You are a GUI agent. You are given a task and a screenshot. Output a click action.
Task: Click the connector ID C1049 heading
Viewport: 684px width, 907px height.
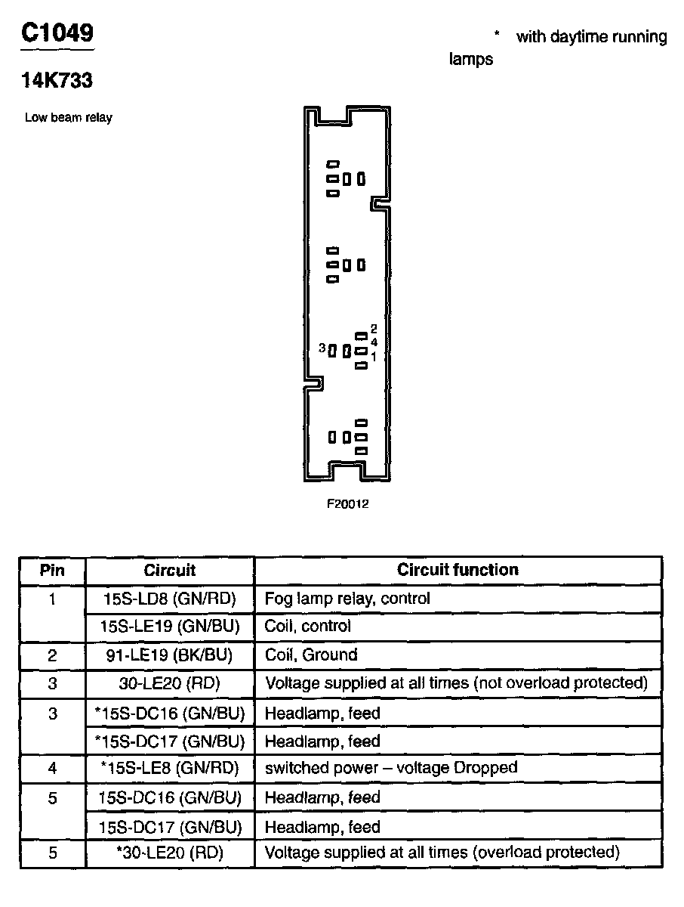pyautogui.click(x=57, y=34)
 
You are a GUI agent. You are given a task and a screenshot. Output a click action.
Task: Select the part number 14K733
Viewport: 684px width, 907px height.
pyautogui.click(x=57, y=81)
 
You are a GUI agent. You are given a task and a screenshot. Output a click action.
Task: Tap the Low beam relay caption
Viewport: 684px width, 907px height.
pyautogui.click(x=69, y=118)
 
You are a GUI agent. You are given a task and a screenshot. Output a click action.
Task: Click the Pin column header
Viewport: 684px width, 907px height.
pyautogui.click(x=52, y=570)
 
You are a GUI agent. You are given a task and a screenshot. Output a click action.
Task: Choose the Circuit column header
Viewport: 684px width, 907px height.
pyautogui.click(x=170, y=570)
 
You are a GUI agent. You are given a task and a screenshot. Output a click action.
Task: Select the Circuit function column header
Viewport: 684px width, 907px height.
pyautogui.click(x=458, y=570)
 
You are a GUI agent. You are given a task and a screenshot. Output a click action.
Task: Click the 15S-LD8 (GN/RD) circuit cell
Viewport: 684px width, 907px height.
pyautogui.click(x=170, y=599)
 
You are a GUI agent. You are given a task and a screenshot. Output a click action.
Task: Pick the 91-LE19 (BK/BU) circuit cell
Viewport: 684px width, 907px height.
pyautogui.click(x=170, y=655)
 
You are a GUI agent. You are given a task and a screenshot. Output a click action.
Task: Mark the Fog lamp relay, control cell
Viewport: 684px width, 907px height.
pyautogui.click(x=347, y=599)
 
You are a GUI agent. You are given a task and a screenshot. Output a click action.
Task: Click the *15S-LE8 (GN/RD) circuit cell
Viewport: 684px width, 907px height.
pyautogui.click(x=170, y=768)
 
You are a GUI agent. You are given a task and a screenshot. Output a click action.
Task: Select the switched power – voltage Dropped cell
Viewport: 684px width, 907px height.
pyautogui.click(x=391, y=768)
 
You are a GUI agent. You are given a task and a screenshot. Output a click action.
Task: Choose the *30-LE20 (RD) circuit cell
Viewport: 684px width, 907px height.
pyautogui.click(x=170, y=853)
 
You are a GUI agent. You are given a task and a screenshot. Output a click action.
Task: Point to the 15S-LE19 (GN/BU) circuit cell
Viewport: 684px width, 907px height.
pyautogui.click(x=170, y=627)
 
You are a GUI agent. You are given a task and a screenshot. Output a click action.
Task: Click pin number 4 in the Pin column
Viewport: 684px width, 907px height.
pyautogui.click(x=52, y=768)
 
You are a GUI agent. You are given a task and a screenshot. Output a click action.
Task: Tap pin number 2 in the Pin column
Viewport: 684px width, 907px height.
pyautogui.click(x=52, y=655)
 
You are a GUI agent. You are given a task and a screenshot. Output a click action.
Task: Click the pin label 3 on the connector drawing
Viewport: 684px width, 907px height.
pyautogui.click(x=322, y=348)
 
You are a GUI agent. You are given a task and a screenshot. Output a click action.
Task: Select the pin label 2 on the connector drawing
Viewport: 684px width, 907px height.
pyautogui.click(x=373, y=330)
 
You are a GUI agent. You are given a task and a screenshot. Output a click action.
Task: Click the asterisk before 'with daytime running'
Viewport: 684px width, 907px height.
pyautogui.click(x=497, y=36)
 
